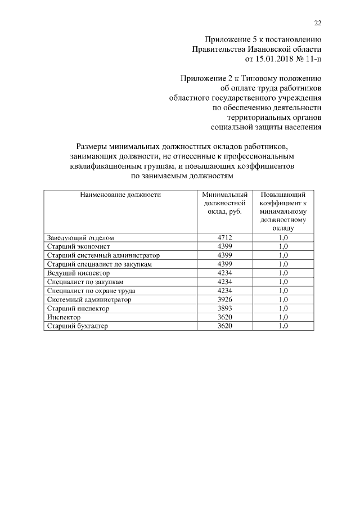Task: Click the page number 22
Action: pyautogui.click(x=317, y=22)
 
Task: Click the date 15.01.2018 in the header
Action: pyautogui.click(x=267, y=58)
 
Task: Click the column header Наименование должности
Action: pyautogui.click(x=120, y=195)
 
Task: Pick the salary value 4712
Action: pyautogui.click(x=224, y=238)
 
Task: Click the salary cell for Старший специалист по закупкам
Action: pyautogui.click(x=224, y=264)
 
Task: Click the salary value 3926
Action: pyautogui.click(x=224, y=299)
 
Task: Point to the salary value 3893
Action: pyautogui.click(x=224, y=308)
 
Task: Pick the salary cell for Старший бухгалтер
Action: pyautogui.click(x=224, y=326)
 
